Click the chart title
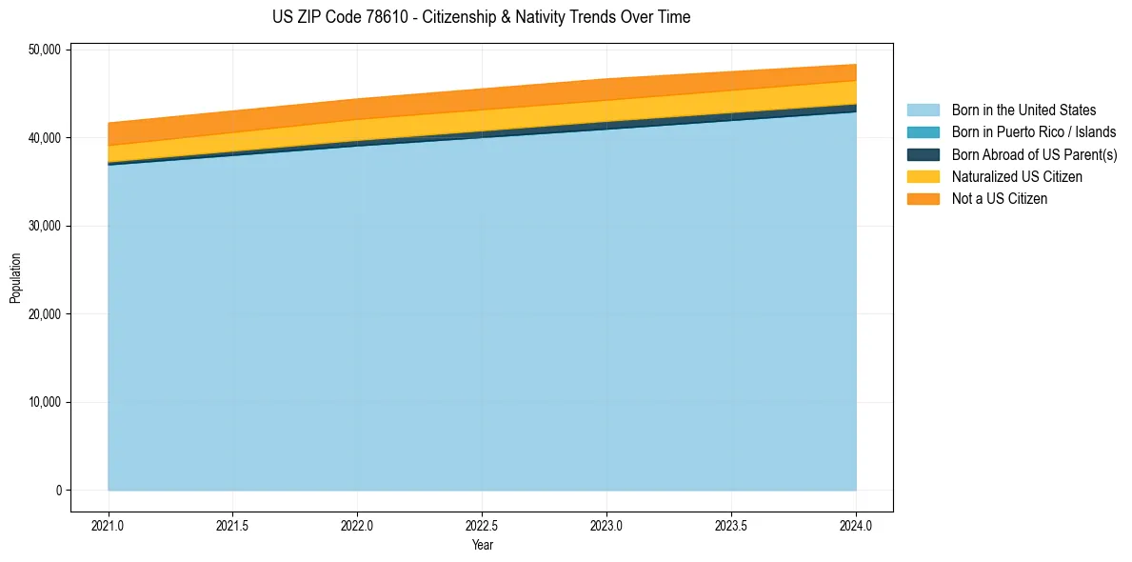point(481,17)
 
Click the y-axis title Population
point(15,277)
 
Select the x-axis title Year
point(482,545)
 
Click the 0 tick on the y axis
point(58,491)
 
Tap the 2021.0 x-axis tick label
point(109,525)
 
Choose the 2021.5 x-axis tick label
point(233,525)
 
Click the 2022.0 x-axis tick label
point(358,525)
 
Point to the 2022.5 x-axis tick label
point(483,525)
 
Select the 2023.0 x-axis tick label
point(606,525)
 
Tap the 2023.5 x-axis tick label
point(731,525)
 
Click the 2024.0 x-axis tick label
point(856,525)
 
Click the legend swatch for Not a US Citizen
point(923,199)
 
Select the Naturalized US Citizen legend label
point(1017,177)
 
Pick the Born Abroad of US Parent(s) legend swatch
point(923,154)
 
